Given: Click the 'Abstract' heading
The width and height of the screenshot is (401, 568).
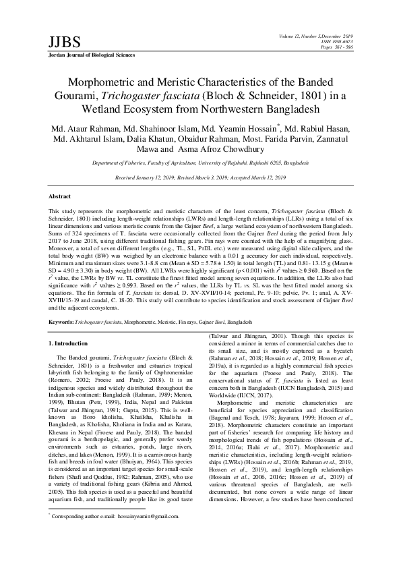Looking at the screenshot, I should (61, 196).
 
